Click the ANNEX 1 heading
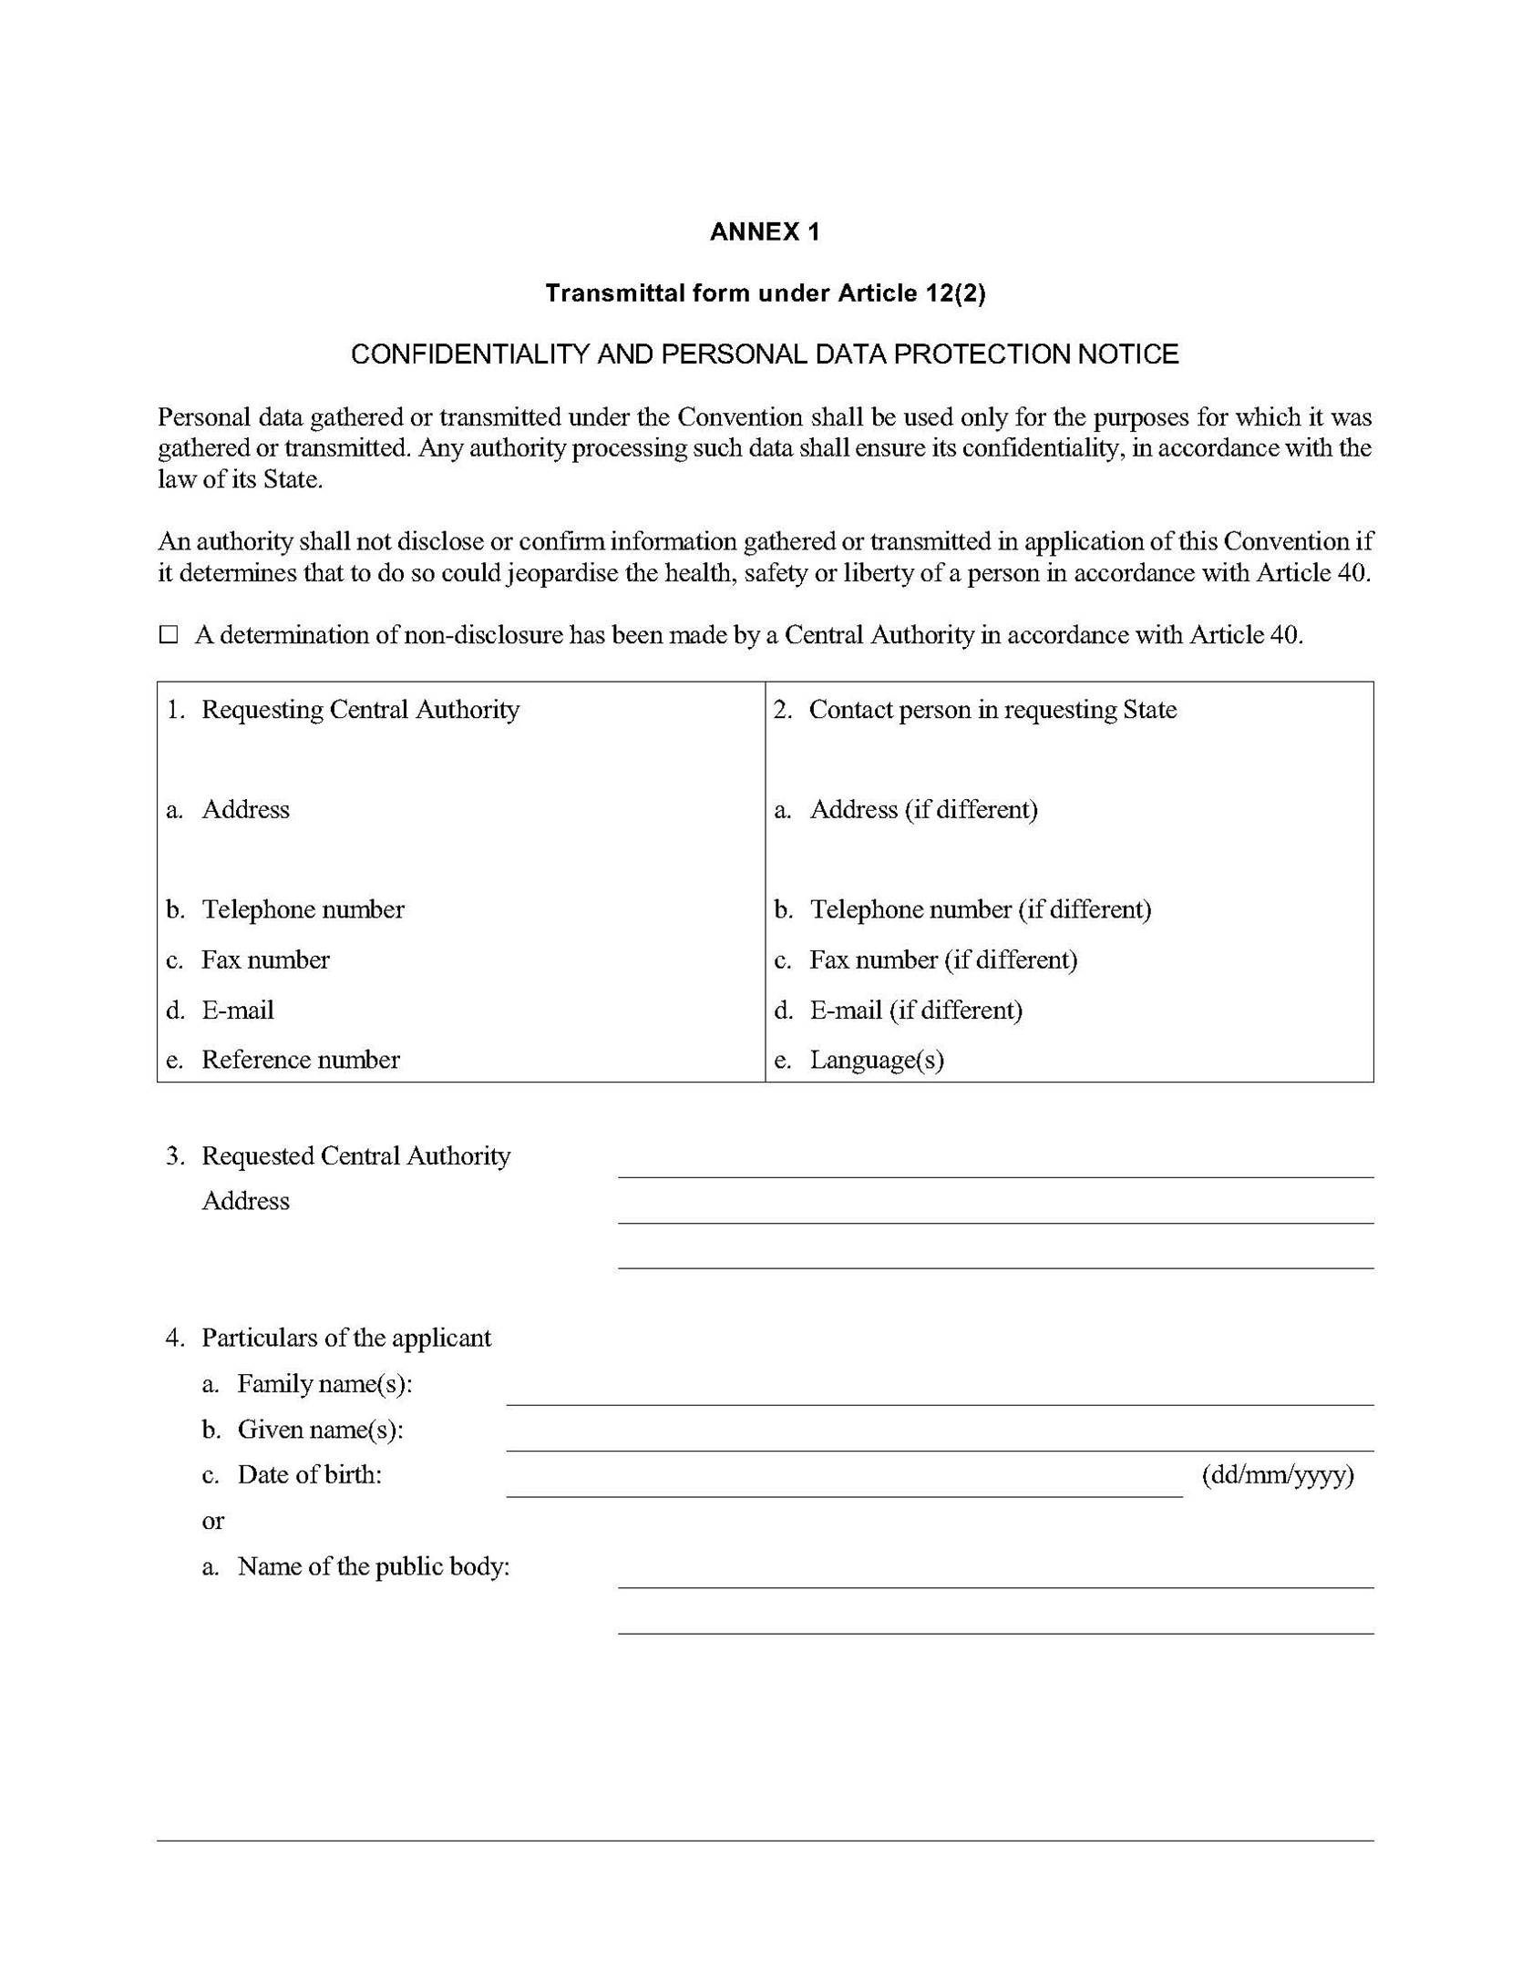[x=764, y=232]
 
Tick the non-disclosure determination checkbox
[x=169, y=635]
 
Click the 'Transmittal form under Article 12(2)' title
[x=765, y=293]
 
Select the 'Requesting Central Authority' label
[x=360, y=710]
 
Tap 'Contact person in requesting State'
[x=992, y=710]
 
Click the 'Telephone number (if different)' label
[x=980, y=909]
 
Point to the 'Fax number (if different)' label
[x=942, y=959]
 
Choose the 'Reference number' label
[x=300, y=1060]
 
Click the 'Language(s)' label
[x=876, y=1060]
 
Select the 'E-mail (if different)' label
[x=915, y=1010]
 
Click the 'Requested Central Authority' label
[x=355, y=1156]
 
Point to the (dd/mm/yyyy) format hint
[x=1277, y=1475]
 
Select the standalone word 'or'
[x=212, y=1521]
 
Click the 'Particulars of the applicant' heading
[x=345, y=1338]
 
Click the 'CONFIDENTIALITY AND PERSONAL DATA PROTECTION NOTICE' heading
[x=765, y=354]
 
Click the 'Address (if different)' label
[x=922, y=809]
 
